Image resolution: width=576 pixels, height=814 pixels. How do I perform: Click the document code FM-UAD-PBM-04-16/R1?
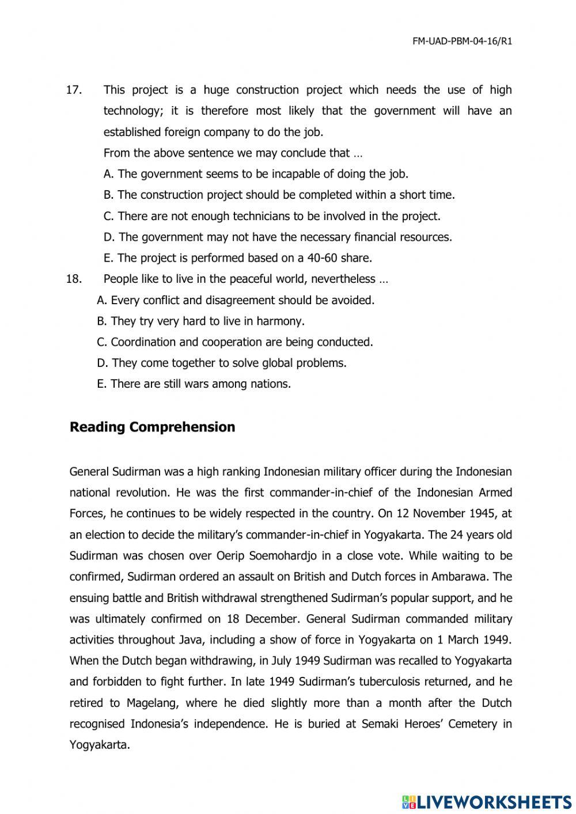pyautogui.click(x=462, y=41)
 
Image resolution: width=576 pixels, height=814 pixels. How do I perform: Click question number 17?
pyautogui.click(x=74, y=90)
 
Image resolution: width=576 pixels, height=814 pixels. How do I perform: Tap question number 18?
pyautogui.click(x=74, y=279)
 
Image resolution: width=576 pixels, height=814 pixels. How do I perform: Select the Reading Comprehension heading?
pyautogui.click(x=152, y=427)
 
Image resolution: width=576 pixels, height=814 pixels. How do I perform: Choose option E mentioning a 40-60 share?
pyautogui.click(x=237, y=258)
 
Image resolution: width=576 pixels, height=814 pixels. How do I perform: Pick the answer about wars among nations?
pyautogui.click(x=194, y=384)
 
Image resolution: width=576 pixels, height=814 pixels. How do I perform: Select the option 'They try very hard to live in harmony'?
pyautogui.click(x=201, y=321)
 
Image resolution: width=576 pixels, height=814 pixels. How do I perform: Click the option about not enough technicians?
pyautogui.click(x=272, y=216)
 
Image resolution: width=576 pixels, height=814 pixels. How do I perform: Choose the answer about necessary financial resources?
pyautogui.click(x=278, y=237)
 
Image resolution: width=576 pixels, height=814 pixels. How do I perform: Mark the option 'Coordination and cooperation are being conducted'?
pyautogui.click(x=235, y=342)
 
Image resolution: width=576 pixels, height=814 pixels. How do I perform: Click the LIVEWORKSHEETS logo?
pyautogui.click(x=486, y=801)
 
